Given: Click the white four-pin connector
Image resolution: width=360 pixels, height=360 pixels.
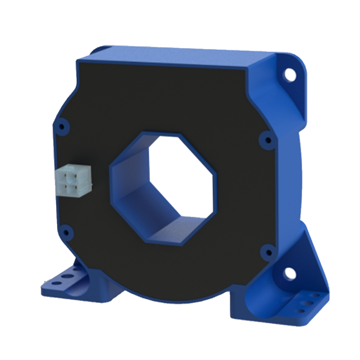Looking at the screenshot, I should click(x=73, y=180).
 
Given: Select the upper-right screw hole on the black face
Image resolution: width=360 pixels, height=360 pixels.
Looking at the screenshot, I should click(x=268, y=140).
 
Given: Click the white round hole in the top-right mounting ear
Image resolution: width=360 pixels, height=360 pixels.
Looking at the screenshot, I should click(x=290, y=74).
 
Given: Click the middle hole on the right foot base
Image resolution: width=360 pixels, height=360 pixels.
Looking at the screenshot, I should click(x=310, y=303).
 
